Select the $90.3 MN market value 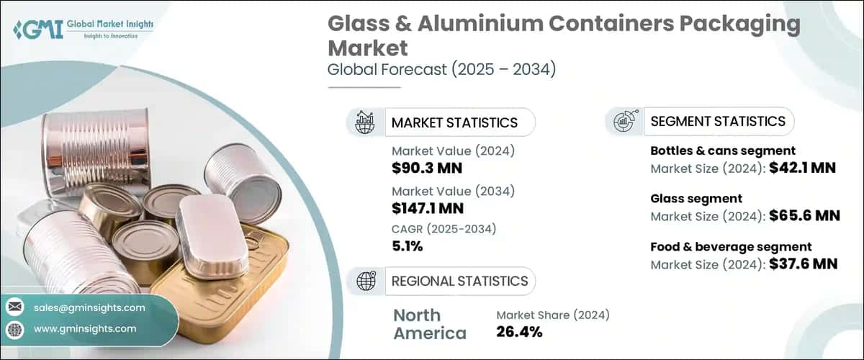427,168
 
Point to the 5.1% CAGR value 407,246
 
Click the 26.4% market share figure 519,332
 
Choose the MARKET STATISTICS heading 454,122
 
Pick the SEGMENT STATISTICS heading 718,122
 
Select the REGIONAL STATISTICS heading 459,281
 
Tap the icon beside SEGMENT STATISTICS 624,122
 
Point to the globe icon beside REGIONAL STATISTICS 366,281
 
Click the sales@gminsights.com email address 89,307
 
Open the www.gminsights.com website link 85,328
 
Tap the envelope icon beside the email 14,307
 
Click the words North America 430,324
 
